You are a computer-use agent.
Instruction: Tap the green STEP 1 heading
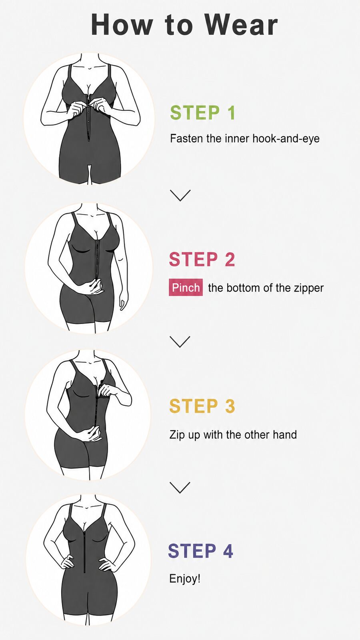click(x=202, y=112)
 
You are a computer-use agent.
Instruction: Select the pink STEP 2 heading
click(x=202, y=259)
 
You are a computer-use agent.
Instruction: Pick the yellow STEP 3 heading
click(x=202, y=406)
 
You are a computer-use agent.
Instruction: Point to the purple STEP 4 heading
click(x=200, y=551)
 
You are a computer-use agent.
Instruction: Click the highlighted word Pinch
click(x=186, y=288)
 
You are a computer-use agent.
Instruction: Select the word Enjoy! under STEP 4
click(x=184, y=579)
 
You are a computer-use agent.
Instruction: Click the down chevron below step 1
click(x=180, y=196)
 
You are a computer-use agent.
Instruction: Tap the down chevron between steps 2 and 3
click(x=180, y=342)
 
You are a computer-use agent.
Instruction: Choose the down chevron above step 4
click(x=180, y=488)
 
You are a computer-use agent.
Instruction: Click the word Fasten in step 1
click(x=187, y=138)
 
